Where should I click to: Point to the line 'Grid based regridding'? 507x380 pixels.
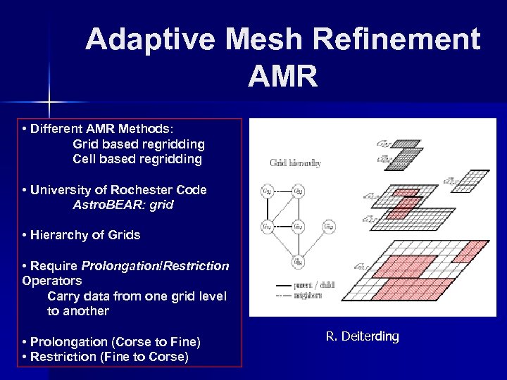coord(139,144)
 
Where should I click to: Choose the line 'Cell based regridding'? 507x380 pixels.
coord(137,159)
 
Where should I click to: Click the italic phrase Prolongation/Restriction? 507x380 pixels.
coord(155,266)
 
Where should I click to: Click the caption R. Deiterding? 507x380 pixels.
coord(362,336)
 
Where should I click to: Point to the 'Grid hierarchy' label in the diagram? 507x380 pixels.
coord(295,163)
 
